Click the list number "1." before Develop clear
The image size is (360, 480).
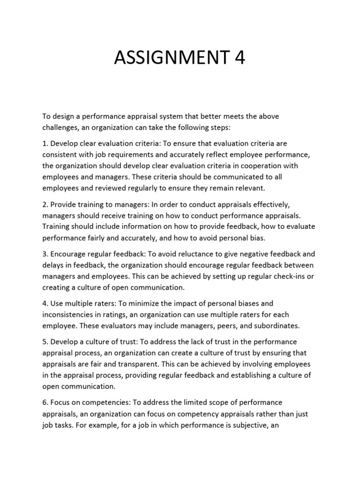pos(45,143)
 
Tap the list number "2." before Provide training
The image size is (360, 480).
pos(45,204)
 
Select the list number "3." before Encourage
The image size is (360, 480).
pos(45,254)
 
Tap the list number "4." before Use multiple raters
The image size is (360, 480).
pos(45,304)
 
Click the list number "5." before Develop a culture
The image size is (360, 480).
pos(45,342)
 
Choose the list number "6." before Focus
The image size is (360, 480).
pos(45,403)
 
